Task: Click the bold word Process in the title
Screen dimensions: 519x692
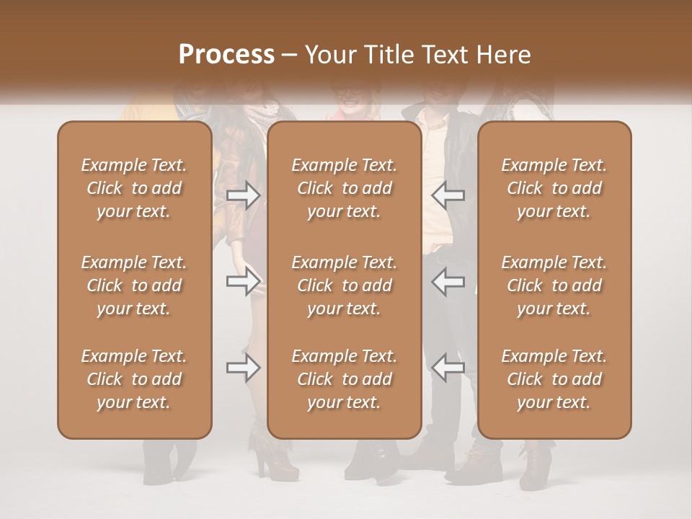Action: [x=226, y=55]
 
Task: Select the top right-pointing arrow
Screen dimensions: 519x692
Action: [x=244, y=195]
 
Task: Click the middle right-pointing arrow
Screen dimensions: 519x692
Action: [x=244, y=281]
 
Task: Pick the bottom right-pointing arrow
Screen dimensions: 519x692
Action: [x=244, y=368]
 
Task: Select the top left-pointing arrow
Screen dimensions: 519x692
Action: [x=448, y=195]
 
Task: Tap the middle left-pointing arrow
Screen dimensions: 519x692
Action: [x=448, y=281]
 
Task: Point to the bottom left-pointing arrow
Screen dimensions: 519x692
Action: [x=448, y=368]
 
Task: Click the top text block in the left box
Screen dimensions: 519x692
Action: [x=134, y=188]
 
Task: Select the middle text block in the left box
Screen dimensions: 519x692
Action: [x=134, y=285]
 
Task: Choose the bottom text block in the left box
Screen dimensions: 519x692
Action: [x=134, y=379]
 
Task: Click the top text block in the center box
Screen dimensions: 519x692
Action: [x=345, y=188]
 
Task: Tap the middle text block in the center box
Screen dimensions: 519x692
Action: [x=345, y=285]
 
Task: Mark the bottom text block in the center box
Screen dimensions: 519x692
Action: [x=345, y=379]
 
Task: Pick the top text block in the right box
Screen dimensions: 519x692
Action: [x=554, y=188]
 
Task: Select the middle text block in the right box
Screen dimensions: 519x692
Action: [x=554, y=285]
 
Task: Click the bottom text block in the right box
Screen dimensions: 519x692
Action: [x=554, y=379]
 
